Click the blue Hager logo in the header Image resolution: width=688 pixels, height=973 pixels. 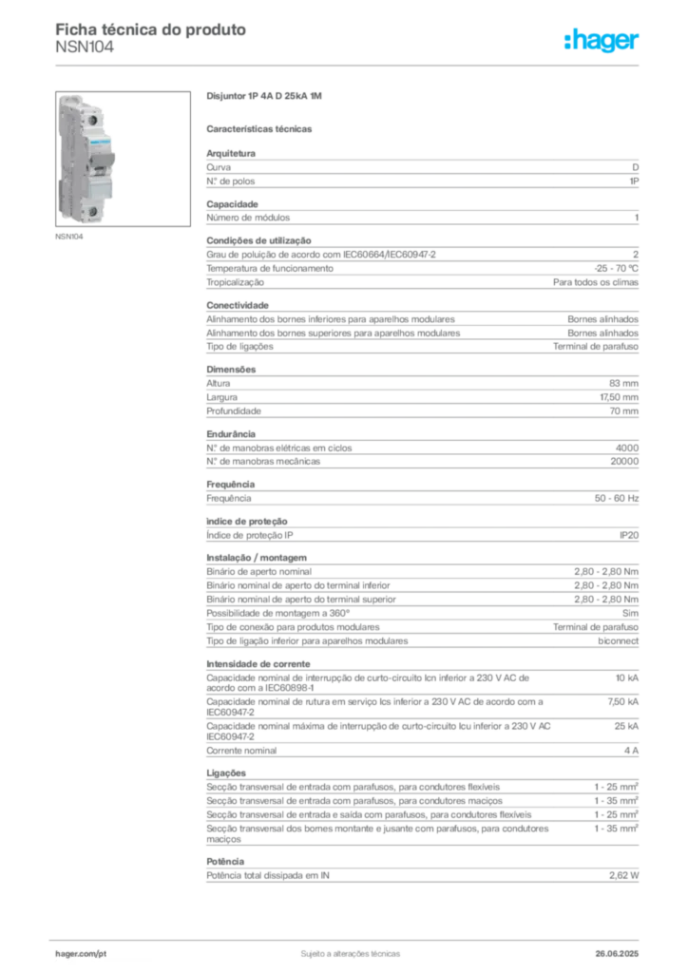[x=602, y=41]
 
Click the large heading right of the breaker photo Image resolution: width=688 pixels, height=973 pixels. [x=266, y=98]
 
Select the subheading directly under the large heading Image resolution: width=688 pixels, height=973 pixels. [x=261, y=126]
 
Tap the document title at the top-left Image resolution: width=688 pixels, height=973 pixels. [x=152, y=29]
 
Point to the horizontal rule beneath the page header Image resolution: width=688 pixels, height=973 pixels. [x=350, y=64]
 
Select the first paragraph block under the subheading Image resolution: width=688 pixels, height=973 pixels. [x=421, y=171]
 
